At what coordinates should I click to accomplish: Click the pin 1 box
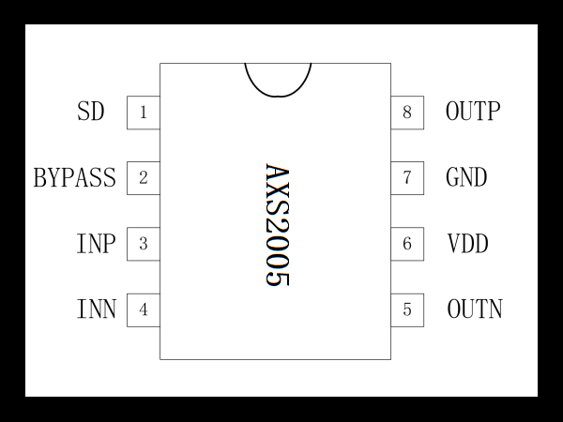pyautogui.click(x=144, y=113)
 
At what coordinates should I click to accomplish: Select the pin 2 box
pyautogui.click(x=144, y=178)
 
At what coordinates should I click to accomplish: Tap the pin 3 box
pyautogui.click(x=144, y=244)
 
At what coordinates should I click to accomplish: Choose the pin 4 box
pyautogui.click(x=144, y=310)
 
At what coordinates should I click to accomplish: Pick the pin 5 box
pyautogui.click(x=407, y=310)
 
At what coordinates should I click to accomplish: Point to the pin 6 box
pyautogui.click(x=407, y=244)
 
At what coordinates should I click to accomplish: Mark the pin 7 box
pyautogui.click(x=407, y=178)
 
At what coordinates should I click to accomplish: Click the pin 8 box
pyautogui.click(x=407, y=113)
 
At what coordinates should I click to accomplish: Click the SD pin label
pyautogui.click(x=91, y=112)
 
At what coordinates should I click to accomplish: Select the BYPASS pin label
pyautogui.click(x=75, y=177)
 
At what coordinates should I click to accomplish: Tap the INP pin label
pyautogui.click(x=97, y=244)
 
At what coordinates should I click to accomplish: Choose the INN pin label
pyautogui.click(x=97, y=309)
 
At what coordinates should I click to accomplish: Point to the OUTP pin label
pyautogui.click(x=473, y=111)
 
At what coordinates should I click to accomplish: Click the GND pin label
pyautogui.click(x=466, y=177)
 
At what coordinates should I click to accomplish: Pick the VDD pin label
pyautogui.click(x=468, y=243)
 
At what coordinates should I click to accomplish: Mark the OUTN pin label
pyautogui.click(x=475, y=309)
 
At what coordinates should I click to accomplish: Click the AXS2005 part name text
pyautogui.click(x=277, y=225)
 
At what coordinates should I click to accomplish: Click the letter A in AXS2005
pyautogui.click(x=277, y=173)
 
